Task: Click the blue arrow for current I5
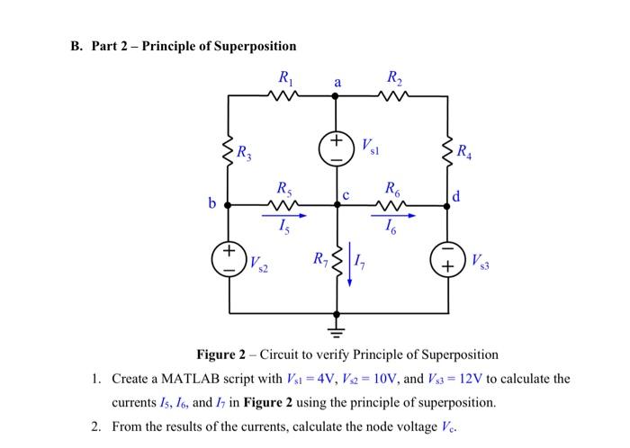click(x=285, y=216)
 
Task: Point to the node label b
click(x=212, y=204)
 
